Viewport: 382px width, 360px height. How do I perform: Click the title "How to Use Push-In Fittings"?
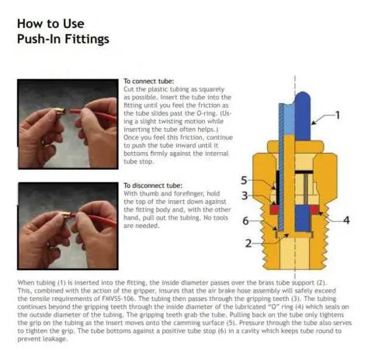click(x=63, y=31)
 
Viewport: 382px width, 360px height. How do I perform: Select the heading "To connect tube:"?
click(x=148, y=81)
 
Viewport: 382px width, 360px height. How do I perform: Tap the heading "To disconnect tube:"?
click(x=153, y=185)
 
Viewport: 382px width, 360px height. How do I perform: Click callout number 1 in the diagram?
click(x=337, y=115)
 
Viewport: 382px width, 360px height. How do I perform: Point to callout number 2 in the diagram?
click(x=248, y=244)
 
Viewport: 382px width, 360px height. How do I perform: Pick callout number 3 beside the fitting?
click(x=245, y=196)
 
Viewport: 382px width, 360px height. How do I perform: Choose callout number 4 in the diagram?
click(x=346, y=220)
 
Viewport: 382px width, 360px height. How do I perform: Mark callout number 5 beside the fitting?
click(x=244, y=180)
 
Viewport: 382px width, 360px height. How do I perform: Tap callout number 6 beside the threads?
click(x=245, y=221)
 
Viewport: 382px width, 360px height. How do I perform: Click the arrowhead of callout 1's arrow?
click(x=313, y=123)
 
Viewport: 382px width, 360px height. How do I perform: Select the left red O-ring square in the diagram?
click(x=274, y=209)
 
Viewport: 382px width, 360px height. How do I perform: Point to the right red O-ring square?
click(x=314, y=209)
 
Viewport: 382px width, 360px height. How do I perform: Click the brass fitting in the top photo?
click(x=60, y=112)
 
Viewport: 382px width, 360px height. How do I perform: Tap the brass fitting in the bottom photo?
click(x=66, y=215)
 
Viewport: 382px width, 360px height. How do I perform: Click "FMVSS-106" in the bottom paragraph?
click(x=118, y=299)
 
